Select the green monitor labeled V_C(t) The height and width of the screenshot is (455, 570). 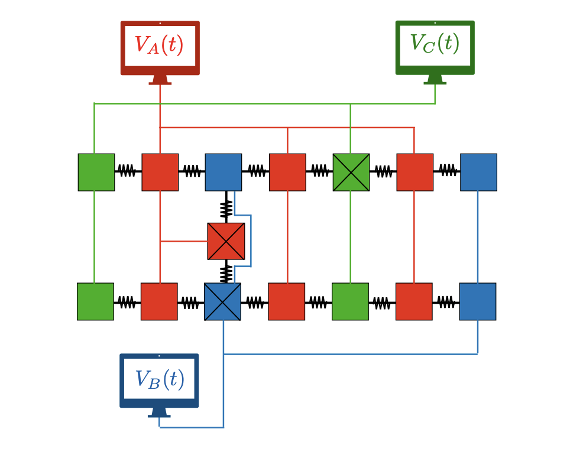pyautogui.click(x=435, y=48)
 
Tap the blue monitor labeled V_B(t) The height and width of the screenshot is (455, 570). pyautogui.click(x=159, y=381)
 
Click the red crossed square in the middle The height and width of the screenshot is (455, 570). pyautogui.click(x=226, y=241)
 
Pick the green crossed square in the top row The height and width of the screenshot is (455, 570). pyautogui.click(x=351, y=172)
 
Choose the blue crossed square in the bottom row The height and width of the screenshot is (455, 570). pyautogui.click(x=222, y=301)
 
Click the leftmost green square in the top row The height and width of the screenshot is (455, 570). pyautogui.click(x=96, y=172)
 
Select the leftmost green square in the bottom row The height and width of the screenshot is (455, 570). pyautogui.click(x=95, y=301)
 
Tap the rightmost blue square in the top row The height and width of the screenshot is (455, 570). pyautogui.click(x=478, y=172)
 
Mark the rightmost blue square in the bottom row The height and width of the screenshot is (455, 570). pyautogui.click(x=478, y=301)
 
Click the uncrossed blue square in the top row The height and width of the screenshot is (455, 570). pyautogui.click(x=224, y=172)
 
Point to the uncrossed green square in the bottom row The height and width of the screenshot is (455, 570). pyautogui.click(x=350, y=301)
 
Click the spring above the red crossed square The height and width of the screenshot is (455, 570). pyautogui.click(x=226, y=208)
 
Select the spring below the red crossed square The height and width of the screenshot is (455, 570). pyautogui.click(x=226, y=273)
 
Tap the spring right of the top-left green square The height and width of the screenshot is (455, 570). pyautogui.click(x=127, y=171)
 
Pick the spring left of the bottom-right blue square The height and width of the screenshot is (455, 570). pyautogui.click(x=446, y=302)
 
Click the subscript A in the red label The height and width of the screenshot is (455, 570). pyautogui.click(x=154, y=50)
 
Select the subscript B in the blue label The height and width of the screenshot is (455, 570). pyautogui.click(x=154, y=384)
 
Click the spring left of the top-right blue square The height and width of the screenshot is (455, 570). pyautogui.click(x=447, y=171)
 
